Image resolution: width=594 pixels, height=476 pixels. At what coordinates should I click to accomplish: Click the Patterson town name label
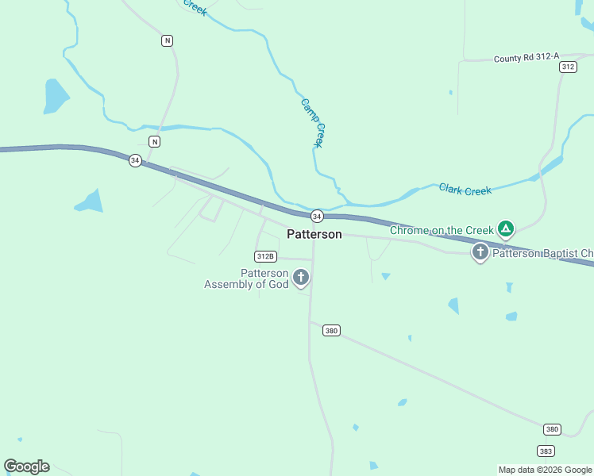click(314, 234)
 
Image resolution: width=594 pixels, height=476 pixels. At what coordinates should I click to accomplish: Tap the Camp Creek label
click(313, 122)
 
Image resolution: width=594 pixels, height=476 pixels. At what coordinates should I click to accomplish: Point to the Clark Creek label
click(465, 190)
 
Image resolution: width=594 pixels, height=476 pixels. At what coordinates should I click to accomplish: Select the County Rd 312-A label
click(526, 58)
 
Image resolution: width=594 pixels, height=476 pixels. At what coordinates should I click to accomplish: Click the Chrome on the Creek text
click(442, 230)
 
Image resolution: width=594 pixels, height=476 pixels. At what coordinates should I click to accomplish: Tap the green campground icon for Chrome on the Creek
click(506, 229)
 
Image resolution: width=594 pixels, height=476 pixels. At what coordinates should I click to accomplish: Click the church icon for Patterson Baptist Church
click(480, 252)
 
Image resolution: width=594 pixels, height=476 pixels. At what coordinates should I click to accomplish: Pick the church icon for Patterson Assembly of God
click(301, 277)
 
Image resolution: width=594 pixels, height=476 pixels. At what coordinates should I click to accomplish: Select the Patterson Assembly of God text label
click(246, 278)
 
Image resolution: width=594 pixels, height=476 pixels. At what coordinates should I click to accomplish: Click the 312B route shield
click(265, 256)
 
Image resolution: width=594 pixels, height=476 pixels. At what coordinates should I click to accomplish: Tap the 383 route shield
click(546, 451)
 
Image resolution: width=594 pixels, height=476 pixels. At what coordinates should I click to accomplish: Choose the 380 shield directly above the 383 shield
click(553, 429)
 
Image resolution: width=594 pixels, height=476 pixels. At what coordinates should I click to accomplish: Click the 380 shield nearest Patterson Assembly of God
click(332, 330)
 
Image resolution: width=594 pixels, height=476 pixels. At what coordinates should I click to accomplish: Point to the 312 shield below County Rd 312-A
click(567, 67)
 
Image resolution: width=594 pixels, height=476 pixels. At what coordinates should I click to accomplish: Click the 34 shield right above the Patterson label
click(317, 216)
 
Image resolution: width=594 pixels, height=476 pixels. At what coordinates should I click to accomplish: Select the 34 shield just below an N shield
click(135, 160)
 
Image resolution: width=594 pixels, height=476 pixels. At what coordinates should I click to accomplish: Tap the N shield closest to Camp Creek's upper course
click(167, 40)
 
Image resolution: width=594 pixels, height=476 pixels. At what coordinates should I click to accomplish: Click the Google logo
click(26, 466)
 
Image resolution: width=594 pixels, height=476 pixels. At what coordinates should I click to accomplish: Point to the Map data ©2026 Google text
click(546, 470)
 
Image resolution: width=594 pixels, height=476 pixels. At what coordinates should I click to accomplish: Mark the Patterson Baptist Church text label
click(542, 254)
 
